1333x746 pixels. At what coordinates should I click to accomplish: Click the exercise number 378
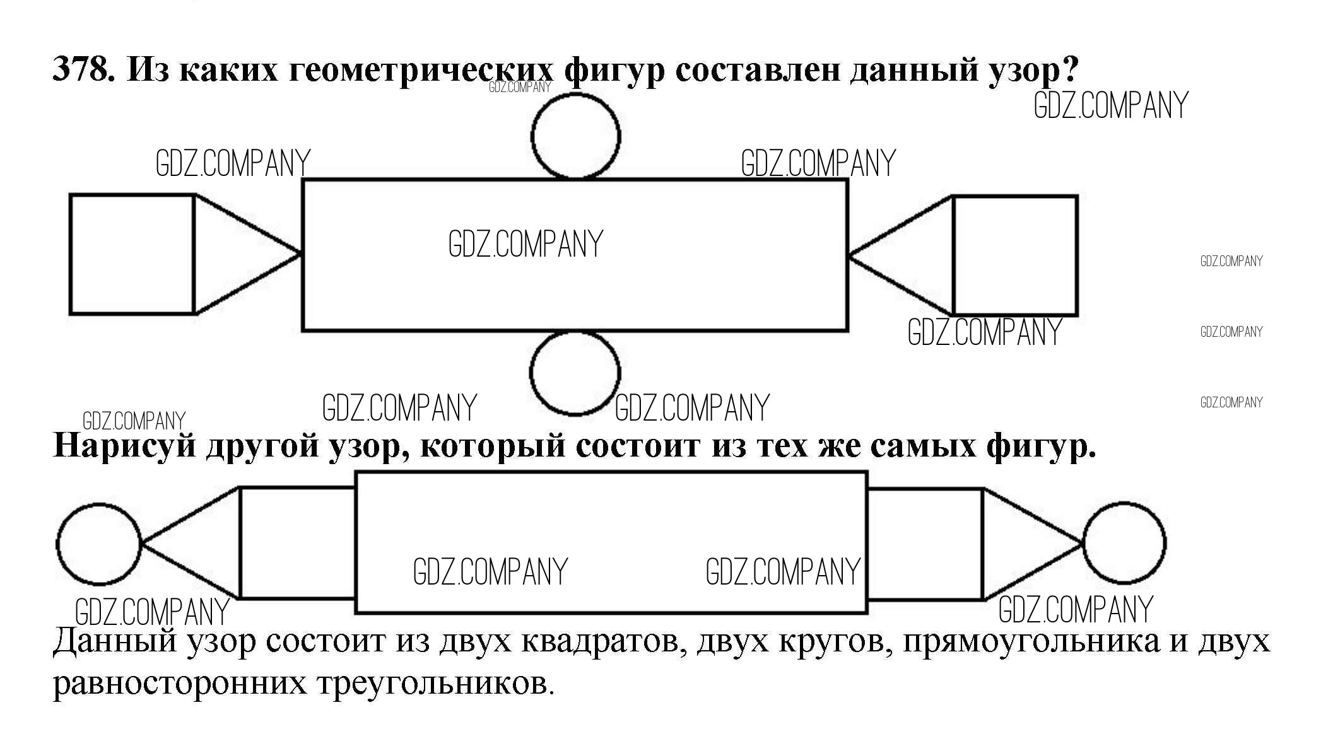83,69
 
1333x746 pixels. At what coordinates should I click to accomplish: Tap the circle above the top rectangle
575,136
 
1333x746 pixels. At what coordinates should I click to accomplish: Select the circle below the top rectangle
575,373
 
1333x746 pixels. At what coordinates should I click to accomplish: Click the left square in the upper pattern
131,254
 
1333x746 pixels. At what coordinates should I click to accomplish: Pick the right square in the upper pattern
1014,255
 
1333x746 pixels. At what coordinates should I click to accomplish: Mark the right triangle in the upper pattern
915,255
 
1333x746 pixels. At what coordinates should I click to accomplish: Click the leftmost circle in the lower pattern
99,544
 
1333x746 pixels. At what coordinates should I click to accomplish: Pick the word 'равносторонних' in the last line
179,684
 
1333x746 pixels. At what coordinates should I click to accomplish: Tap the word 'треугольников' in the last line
435,684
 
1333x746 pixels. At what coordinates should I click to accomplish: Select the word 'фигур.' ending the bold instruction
1041,446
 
